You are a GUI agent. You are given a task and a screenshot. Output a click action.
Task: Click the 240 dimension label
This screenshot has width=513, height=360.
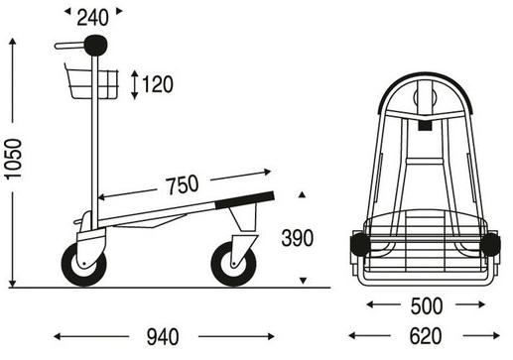92,18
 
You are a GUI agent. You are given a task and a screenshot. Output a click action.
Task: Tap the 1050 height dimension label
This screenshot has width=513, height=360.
13,159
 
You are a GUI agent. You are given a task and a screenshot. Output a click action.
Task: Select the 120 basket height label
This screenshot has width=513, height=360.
158,84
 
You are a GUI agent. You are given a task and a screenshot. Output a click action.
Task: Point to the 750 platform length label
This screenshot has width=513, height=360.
183,184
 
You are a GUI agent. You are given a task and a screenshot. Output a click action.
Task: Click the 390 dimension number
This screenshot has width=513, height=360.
297,238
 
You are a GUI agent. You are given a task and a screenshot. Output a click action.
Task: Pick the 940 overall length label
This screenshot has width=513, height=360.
163,337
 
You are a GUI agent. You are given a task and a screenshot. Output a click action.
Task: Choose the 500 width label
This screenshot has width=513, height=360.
427,306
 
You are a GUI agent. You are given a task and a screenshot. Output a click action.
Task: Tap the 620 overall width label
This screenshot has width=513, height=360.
426,336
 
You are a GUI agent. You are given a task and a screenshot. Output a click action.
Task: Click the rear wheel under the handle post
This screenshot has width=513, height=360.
84,265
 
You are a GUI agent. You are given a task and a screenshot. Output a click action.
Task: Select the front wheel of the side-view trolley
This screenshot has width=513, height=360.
234,264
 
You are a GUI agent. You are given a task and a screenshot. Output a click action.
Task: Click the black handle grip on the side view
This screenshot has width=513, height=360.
95,46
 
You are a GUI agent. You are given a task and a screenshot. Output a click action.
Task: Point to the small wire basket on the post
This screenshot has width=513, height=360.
91,81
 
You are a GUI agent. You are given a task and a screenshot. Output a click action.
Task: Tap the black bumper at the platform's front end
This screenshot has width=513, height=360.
244,200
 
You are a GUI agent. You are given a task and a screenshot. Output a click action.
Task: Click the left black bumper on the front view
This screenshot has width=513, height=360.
360,244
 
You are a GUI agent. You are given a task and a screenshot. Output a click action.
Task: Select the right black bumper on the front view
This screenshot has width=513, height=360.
490,244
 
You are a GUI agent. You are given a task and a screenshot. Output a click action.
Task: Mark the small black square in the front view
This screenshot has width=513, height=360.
425,126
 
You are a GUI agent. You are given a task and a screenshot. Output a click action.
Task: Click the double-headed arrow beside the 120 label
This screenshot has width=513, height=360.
134,84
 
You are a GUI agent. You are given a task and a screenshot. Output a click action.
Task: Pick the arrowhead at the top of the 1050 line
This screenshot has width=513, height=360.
13,41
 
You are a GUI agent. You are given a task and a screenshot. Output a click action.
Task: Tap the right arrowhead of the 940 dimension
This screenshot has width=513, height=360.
271,336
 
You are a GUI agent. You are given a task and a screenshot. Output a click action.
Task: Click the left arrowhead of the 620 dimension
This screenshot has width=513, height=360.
352,336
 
